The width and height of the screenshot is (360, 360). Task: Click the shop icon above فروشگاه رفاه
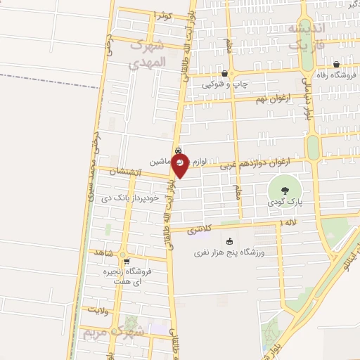point(336,64)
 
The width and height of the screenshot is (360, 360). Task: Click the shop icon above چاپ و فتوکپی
point(224,73)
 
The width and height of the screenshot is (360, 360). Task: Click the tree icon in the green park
point(284,191)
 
